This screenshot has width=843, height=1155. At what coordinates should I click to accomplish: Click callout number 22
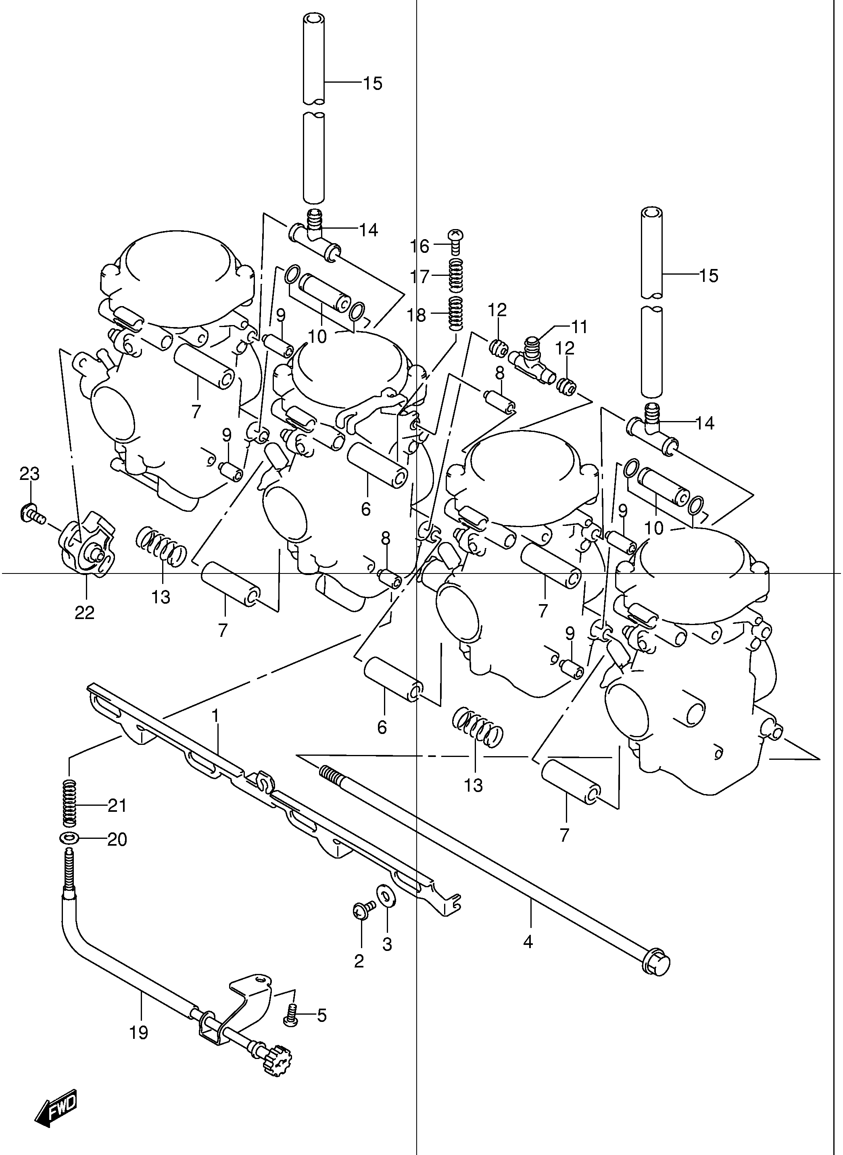(85, 613)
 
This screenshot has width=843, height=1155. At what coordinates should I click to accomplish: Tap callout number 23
(29, 474)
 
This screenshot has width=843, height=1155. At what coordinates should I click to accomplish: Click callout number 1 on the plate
(215, 716)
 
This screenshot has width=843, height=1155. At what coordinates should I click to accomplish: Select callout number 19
(139, 1032)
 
